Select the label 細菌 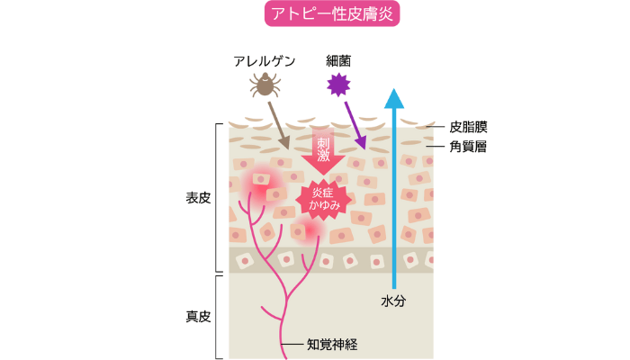click(x=339, y=61)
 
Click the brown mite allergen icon click(x=265, y=86)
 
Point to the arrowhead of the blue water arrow click(x=392, y=97)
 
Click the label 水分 click(x=392, y=301)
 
